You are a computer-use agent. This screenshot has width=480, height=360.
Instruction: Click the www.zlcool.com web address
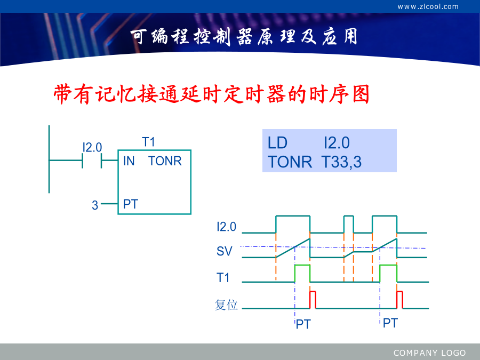[x=428, y=6]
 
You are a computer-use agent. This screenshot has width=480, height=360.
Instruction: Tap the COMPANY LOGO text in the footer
[x=429, y=353]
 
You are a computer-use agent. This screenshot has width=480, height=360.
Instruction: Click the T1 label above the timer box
[x=148, y=142]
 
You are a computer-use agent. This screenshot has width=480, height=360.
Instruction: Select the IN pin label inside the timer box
[x=129, y=161]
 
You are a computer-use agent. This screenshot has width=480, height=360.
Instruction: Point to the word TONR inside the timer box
[x=165, y=161]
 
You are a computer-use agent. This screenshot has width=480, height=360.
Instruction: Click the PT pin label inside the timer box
[x=131, y=204]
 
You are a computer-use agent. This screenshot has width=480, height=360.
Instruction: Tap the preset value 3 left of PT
[x=95, y=205]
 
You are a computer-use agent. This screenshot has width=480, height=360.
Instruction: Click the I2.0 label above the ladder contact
[x=92, y=148]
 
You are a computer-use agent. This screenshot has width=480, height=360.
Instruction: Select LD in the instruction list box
[x=277, y=143]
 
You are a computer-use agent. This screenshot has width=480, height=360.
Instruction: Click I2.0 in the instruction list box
[x=337, y=143]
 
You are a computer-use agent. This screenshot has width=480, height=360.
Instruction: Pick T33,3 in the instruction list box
[x=342, y=162]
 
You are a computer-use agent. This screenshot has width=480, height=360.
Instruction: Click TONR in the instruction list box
[x=290, y=162]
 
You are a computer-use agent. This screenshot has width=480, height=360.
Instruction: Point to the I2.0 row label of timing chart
[x=226, y=227]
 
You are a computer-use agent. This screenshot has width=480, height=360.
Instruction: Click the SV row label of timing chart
[x=225, y=251]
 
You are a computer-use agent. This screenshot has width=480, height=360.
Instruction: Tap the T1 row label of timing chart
[x=223, y=278]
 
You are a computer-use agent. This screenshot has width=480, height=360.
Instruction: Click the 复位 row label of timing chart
[x=226, y=305]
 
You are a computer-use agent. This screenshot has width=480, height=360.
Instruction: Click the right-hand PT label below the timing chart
[x=390, y=323]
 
